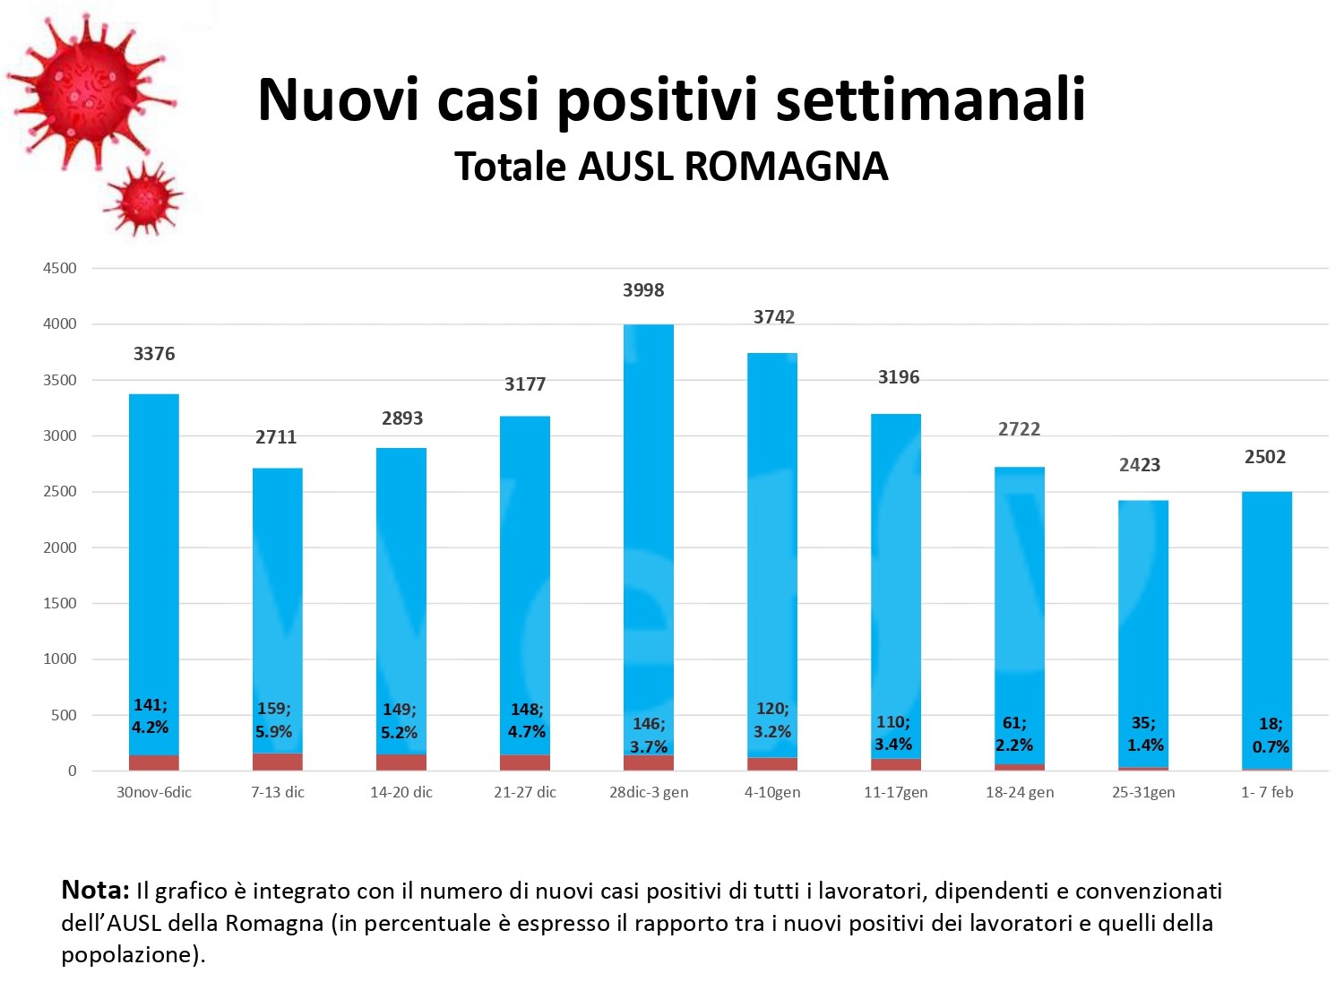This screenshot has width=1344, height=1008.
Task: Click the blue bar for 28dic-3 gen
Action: coord(649,538)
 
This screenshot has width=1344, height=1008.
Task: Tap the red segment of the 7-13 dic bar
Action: coord(278,762)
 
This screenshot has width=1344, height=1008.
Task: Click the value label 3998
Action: coord(643,290)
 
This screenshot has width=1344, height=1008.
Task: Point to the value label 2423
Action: coord(1140,465)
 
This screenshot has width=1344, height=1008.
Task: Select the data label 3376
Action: coord(154,354)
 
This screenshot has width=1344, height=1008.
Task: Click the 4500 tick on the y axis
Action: coord(60,268)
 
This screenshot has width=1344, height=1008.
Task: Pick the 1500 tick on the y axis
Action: coord(60,603)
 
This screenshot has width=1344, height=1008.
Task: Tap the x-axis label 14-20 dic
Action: coord(401,792)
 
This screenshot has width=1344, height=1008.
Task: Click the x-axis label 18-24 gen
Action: coord(1020,792)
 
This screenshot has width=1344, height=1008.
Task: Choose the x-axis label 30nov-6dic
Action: coord(154,792)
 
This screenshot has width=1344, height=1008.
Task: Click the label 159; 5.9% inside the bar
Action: coord(274,720)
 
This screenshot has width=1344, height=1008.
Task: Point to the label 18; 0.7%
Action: coord(1271,736)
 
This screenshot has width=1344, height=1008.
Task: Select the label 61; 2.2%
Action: coord(1014,734)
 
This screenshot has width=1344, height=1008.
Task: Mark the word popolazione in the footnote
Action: coord(125,955)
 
